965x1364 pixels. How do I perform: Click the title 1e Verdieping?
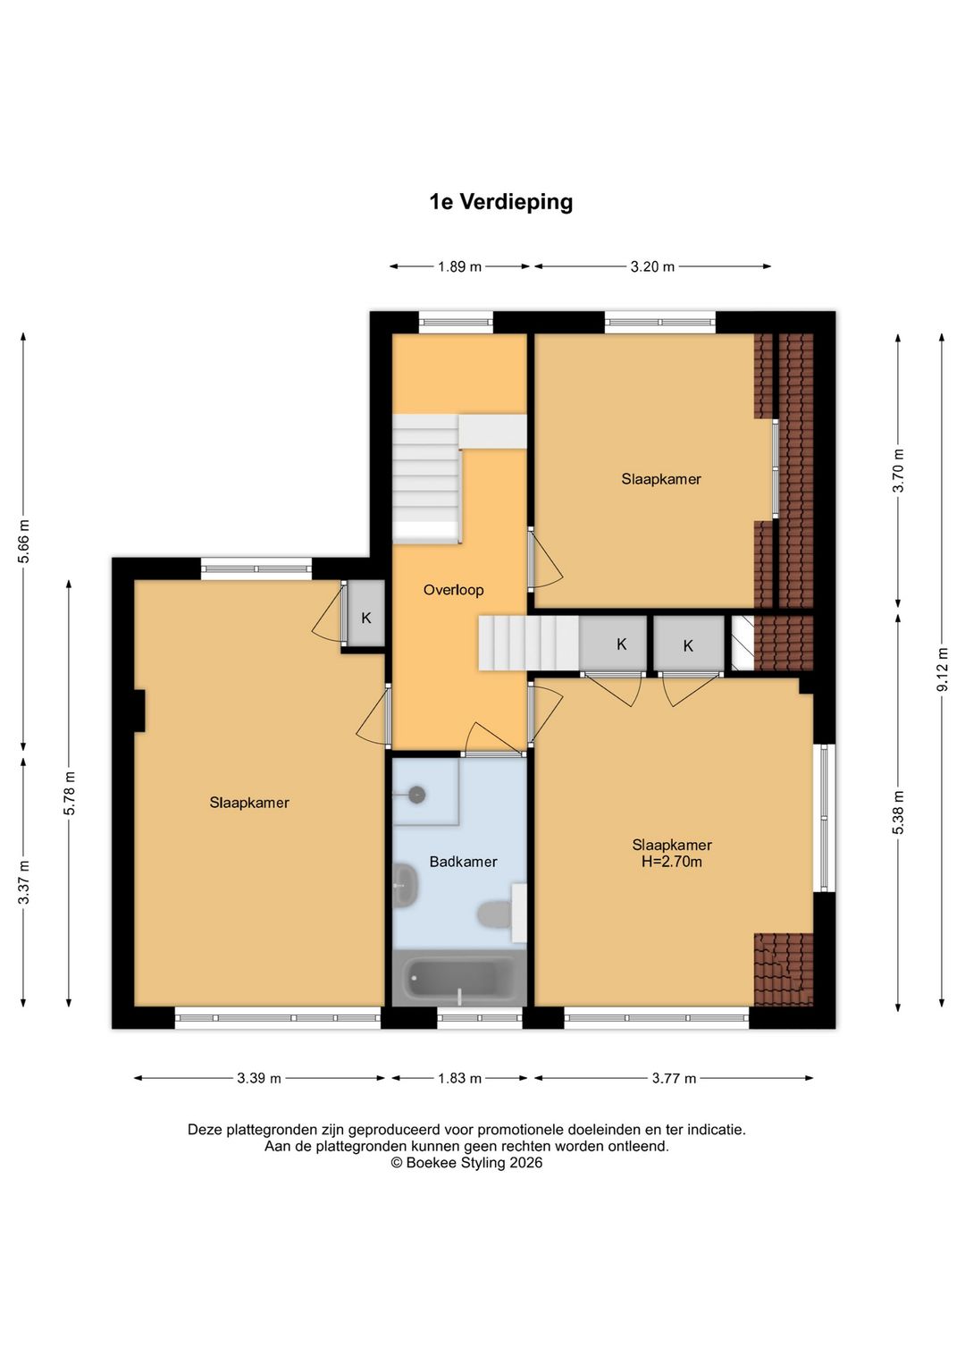coord(501,201)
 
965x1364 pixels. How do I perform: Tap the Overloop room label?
coord(454,589)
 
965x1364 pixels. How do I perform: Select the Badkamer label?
coord(464,862)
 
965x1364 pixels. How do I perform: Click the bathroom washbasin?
coord(406,885)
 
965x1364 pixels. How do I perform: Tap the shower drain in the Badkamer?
coord(417,795)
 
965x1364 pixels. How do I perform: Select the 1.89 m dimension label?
coord(459,266)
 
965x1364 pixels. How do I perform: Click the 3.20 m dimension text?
coord(652,266)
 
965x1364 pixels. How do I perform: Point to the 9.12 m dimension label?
coord(943,669)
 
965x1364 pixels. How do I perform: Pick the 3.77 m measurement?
coord(674,1078)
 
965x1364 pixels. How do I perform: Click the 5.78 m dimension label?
coord(70,793)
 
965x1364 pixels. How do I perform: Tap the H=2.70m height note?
coord(672,862)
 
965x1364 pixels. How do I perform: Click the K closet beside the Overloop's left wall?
coord(366,618)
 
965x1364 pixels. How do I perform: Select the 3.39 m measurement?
coord(259,1078)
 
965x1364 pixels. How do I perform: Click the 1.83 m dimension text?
coord(459,1078)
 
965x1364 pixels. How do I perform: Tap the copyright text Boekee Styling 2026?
coord(466,1163)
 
